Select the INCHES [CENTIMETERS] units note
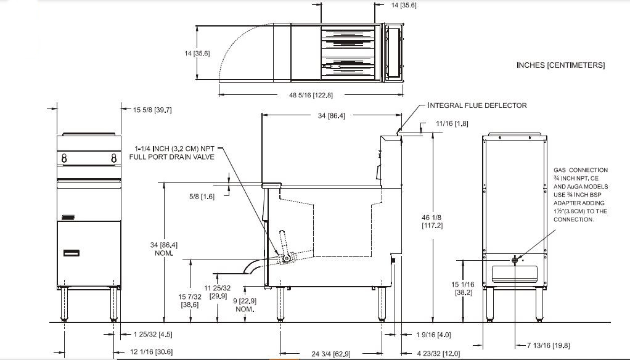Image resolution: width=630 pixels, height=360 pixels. [x=560, y=65]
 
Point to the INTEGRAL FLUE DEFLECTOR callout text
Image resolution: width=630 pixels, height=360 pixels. [x=477, y=105]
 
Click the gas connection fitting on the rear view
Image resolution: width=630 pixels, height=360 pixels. [x=515, y=260]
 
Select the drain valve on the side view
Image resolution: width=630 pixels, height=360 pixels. [x=286, y=258]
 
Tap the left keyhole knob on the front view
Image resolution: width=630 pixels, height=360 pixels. [x=64, y=158]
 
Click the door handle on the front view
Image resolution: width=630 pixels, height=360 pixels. [x=72, y=253]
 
